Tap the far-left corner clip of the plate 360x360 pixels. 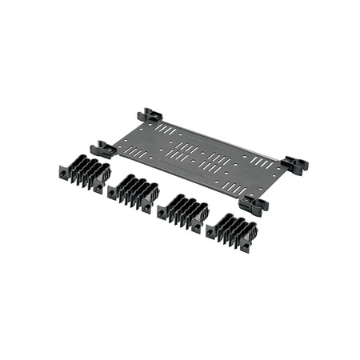(103, 149)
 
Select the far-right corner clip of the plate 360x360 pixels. (294, 164)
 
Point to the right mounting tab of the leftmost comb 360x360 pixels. (99, 186)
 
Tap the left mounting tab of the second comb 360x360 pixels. (112, 191)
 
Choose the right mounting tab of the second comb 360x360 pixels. (148, 206)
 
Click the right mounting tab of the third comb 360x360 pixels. (197, 226)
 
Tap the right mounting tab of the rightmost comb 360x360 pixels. (244, 245)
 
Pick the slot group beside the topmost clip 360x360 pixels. (166, 128)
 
